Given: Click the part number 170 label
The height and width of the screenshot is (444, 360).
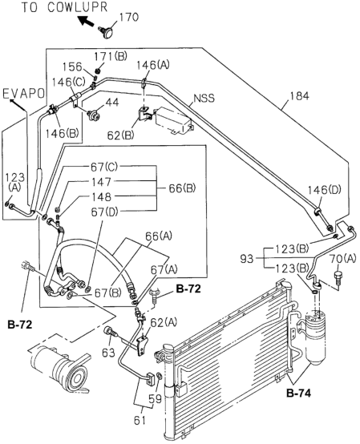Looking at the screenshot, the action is pyautogui.click(x=129, y=17).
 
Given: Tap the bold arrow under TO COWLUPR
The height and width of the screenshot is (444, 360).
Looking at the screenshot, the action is pyautogui.click(x=86, y=21).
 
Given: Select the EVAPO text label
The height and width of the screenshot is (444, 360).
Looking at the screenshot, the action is pyautogui.click(x=23, y=94).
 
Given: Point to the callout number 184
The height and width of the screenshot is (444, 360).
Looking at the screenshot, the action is pyautogui.click(x=299, y=96).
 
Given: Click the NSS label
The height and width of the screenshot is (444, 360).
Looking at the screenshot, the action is pyautogui.click(x=204, y=99).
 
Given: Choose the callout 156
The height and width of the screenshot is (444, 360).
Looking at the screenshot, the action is pyautogui.click(x=72, y=67).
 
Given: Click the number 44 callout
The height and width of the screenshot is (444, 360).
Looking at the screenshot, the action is pyautogui.click(x=112, y=103).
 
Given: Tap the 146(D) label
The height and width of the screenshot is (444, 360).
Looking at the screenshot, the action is pyautogui.click(x=325, y=190).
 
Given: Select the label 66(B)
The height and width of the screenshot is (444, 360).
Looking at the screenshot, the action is pyautogui.click(x=182, y=188).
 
